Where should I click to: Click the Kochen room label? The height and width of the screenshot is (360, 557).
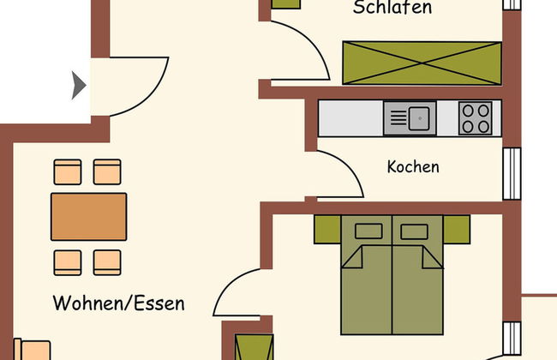coord(413,166)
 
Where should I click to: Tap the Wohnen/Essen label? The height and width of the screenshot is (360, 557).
coord(118,303)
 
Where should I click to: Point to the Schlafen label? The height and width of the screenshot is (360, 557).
coord(392,8)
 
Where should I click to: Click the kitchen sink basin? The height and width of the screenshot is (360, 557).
coord(419,118)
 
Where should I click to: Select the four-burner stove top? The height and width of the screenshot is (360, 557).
coord(476,118)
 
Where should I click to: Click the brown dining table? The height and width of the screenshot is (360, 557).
coord(89,217)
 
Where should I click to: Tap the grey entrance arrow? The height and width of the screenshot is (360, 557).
coord(79,86)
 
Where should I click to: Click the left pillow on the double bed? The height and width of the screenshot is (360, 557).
coord(368,231)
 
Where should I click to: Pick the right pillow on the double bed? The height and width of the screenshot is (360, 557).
coord(414,231)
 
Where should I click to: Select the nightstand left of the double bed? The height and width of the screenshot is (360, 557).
coord(327,229)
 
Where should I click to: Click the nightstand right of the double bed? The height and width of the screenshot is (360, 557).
coord(457,229)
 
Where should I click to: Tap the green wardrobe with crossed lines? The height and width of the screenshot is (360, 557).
coord(422,63)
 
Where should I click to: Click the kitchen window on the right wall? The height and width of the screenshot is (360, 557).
coord(512,173)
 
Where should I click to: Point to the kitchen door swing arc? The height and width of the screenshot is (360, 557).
coord(346,167)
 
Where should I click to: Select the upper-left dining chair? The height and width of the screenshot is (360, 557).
coord(68,172)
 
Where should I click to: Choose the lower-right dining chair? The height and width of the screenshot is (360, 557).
coord(107,262)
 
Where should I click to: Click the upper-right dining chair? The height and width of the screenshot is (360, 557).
coord(107,172)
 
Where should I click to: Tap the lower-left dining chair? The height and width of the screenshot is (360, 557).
coord(68,262)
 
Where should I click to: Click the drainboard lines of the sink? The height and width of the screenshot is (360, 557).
coord(398,118)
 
